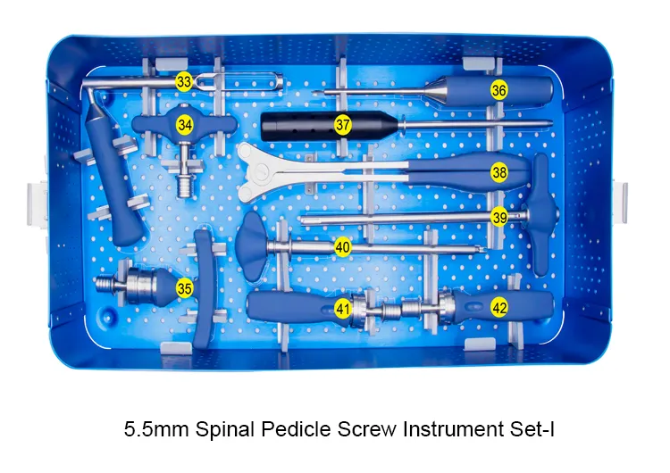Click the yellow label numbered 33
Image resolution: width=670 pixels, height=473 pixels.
[x=184, y=81]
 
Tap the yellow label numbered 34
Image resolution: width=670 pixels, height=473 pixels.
[x=185, y=125]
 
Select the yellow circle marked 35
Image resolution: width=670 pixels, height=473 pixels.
[x=185, y=287]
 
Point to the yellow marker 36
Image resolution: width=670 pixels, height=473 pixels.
[x=499, y=90]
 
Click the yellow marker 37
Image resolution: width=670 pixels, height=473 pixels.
[x=343, y=125]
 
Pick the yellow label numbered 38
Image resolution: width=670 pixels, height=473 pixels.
[x=499, y=172]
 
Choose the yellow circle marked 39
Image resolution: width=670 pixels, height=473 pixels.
[x=499, y=216]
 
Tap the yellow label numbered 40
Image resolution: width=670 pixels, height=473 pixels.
[x=343, y=247]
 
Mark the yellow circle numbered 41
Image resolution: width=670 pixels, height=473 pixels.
[x=343, y=309]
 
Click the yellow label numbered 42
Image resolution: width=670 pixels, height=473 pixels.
[x=499, y=308]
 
